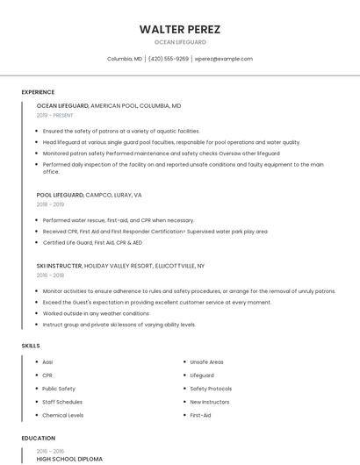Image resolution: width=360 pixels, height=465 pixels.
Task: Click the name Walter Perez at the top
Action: [x=180, y=29]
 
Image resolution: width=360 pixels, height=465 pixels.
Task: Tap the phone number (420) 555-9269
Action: [x=169, y=59]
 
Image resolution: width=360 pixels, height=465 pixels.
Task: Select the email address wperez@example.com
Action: [x=224, y=59]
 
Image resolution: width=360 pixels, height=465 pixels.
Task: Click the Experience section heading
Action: [x=38, y=92]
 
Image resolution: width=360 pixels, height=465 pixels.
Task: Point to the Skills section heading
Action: [x=31, y=346]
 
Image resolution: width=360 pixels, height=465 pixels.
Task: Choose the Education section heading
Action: [x=38, y=438]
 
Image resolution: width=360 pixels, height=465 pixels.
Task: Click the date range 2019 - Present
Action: [x=55, y=115]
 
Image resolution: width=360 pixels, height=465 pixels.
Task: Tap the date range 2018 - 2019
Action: [x=50, y=204]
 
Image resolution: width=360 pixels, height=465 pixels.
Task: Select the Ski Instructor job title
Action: [x=60, y=265]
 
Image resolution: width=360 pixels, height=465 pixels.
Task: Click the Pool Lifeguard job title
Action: [x=60, y=195]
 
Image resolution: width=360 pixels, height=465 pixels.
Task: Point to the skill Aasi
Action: [x=47, y=361]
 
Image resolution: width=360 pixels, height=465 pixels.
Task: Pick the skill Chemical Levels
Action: [x=62, y=415]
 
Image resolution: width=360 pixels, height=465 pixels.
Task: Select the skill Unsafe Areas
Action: [x=206, y=361]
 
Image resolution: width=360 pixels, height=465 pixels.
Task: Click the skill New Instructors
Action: [x=209, y=402]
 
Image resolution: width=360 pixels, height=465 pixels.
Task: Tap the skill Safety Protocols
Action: [x=211, y=389]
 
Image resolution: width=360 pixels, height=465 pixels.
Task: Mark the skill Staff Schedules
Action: [x=62, y=402]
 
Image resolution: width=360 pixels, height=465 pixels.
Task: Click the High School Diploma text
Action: [x=69, y=458]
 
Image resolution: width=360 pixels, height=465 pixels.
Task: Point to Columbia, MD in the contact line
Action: [x=125, y=59]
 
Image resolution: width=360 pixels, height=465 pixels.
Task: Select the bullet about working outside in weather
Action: [x=96, y=313]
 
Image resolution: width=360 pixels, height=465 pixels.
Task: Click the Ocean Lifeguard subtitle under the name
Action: [x=180, y=42]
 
